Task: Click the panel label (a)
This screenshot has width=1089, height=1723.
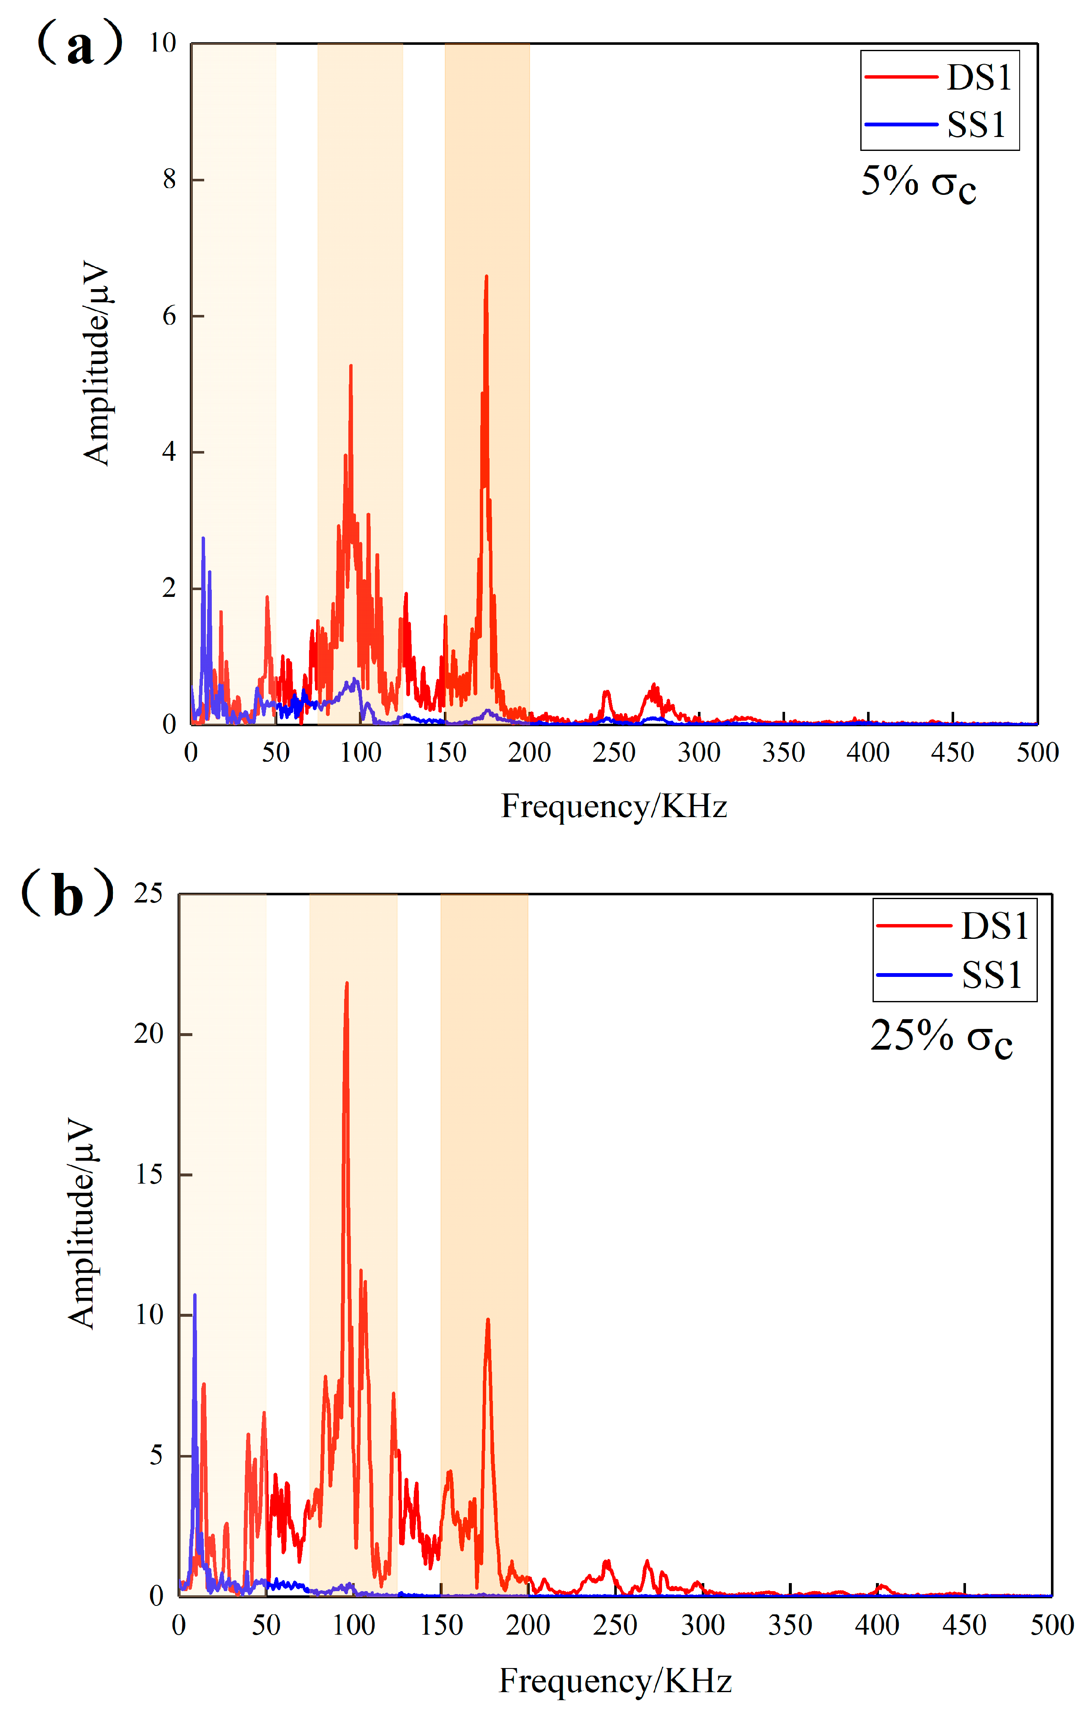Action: click(x=80, y=44)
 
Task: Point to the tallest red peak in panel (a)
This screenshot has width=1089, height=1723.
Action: click(x=487, y=277)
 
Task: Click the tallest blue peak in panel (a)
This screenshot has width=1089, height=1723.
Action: click(x=203, y=539)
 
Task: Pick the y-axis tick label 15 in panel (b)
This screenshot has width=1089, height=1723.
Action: click(x=149, y=1175)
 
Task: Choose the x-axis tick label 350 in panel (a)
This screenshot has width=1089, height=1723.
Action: click(x=783, y=753)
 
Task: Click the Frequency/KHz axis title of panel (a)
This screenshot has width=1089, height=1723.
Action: click(x=614, y=807)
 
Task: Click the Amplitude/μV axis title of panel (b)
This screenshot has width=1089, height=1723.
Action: click(x=81, y=1224)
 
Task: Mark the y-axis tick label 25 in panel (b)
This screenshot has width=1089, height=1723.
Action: click(x=149, y=894)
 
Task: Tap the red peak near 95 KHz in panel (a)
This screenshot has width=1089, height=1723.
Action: click(x=350, y=366)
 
